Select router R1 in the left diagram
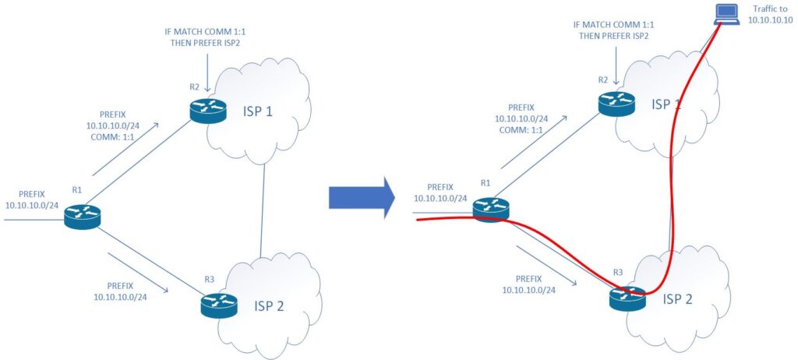coord(83,216)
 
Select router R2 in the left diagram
coord(207,111)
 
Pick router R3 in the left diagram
coord(218,304)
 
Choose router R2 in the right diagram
coord(616,103)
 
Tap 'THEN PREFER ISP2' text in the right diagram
coord(616,35)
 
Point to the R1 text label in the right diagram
coord(484,183)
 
